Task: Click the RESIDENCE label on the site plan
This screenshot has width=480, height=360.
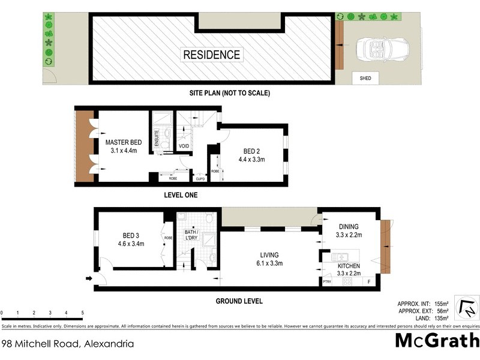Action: coord(212,55)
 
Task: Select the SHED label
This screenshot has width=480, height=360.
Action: coord(365,78)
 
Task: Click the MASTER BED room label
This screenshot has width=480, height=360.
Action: coord(123,142)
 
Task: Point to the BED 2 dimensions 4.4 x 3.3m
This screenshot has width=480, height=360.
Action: coord(251,160)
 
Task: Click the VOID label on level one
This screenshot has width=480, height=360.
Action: coord(184,146)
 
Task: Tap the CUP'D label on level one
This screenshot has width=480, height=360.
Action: coord(200,178)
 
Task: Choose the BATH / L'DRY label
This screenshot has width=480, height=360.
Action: coord(190,235)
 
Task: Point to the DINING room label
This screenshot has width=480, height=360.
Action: coord(348,226)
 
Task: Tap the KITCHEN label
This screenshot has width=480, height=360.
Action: coord(348,265)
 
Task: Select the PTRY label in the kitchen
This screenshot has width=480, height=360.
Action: coord(326,281)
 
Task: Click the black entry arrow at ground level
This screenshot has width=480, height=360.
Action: coord(89,278)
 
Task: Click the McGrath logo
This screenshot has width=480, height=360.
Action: coord(437,340)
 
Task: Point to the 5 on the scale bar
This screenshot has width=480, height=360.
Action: coord(82,313)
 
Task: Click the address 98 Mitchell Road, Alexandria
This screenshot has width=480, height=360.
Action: coord(67,344)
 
